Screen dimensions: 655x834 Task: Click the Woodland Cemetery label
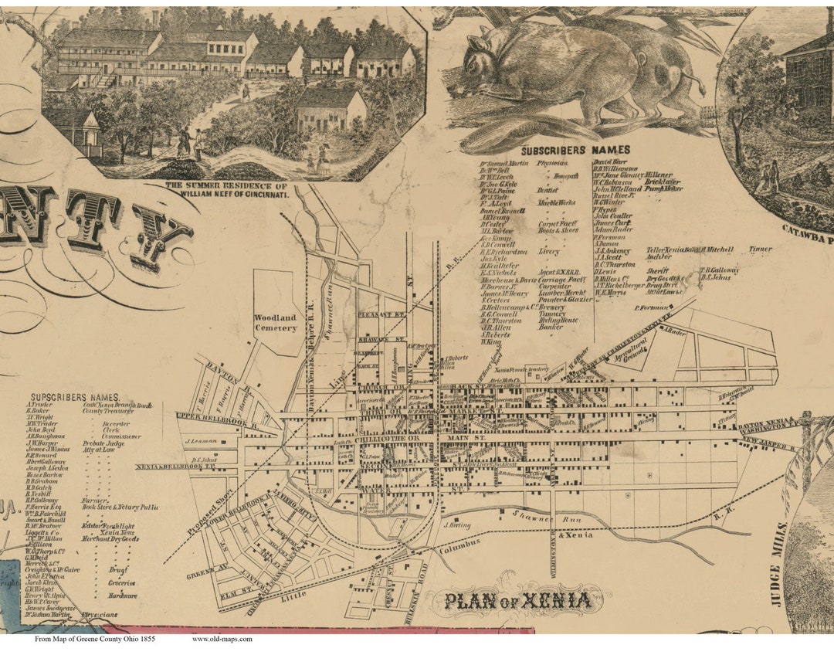(276, 323)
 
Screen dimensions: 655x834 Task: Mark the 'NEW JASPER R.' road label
(768, 443)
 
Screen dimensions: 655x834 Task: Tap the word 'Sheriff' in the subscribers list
(658, 271)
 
